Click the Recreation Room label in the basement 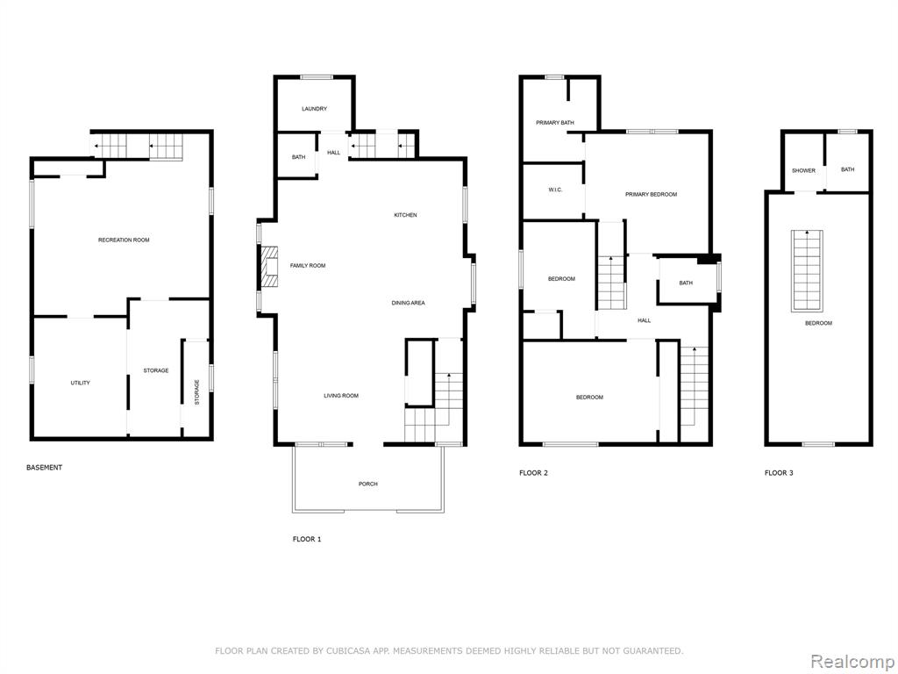(x=124, y=240)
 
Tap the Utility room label (x=80, y=383)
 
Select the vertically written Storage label (x=197, y=392)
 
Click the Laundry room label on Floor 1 (x=315, y=109)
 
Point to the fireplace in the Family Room (x=269, y=267)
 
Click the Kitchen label (x=405, y=215)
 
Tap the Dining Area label (x=409, y=303)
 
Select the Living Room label (x=341, y=396)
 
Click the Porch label (x=368, y=484)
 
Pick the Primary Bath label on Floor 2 (x=555, y=123)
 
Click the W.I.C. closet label (x=555, y=190)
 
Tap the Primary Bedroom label (x=652, y=194)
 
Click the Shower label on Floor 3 (x=803, y=171)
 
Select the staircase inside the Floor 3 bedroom (x=808, y=271)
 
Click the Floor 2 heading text (x=534, y=473)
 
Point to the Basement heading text (x=44, y=468)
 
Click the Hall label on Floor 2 (x=645, y=320)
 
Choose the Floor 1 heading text (x=307, y=540)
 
